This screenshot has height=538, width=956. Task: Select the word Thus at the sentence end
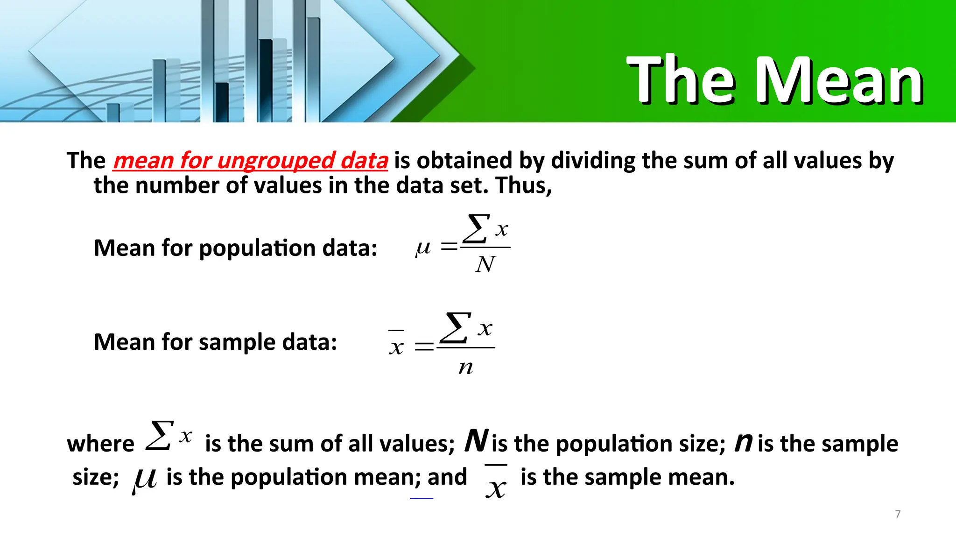522,185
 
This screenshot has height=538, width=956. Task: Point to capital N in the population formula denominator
485,264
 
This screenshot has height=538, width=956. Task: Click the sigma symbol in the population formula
476,228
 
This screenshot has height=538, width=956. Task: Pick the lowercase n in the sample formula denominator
465,367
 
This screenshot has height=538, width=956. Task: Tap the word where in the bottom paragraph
100,444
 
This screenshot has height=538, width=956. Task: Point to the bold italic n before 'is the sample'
743,442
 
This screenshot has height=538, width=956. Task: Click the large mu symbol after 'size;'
144,480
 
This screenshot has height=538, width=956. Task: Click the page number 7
898,514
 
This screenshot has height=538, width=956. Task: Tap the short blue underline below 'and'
422,498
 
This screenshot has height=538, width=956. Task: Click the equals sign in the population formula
449,247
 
